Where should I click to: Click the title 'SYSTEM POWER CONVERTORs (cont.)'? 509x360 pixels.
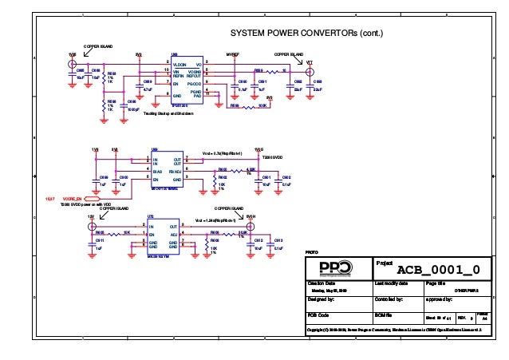coord(307,34)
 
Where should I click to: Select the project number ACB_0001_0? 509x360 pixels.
coord(438,269)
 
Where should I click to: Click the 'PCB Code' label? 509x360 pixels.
coord(318,315)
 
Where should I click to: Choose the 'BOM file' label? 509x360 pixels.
coord(385,315)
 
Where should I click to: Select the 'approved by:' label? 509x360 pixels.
coord(440,299)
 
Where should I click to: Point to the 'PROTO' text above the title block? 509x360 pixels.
coord(313,253)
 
